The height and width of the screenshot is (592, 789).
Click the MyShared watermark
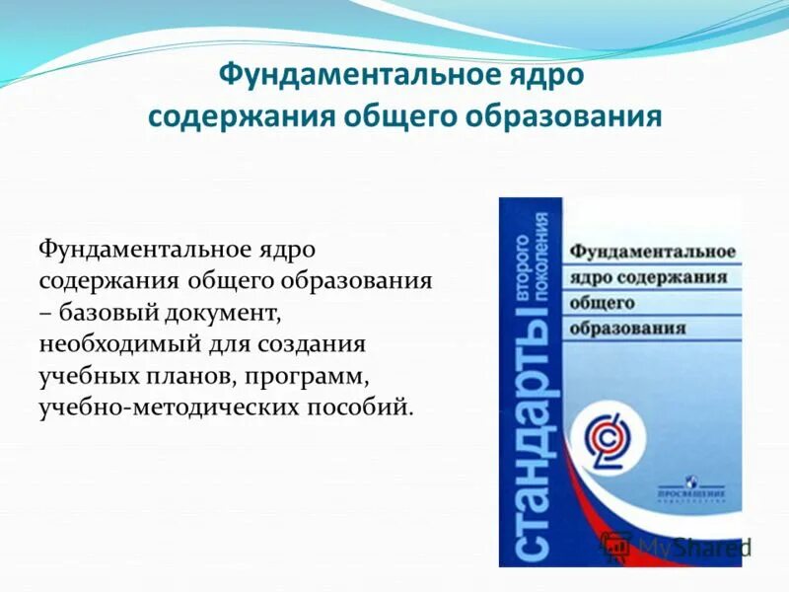(x=681, y=546)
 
